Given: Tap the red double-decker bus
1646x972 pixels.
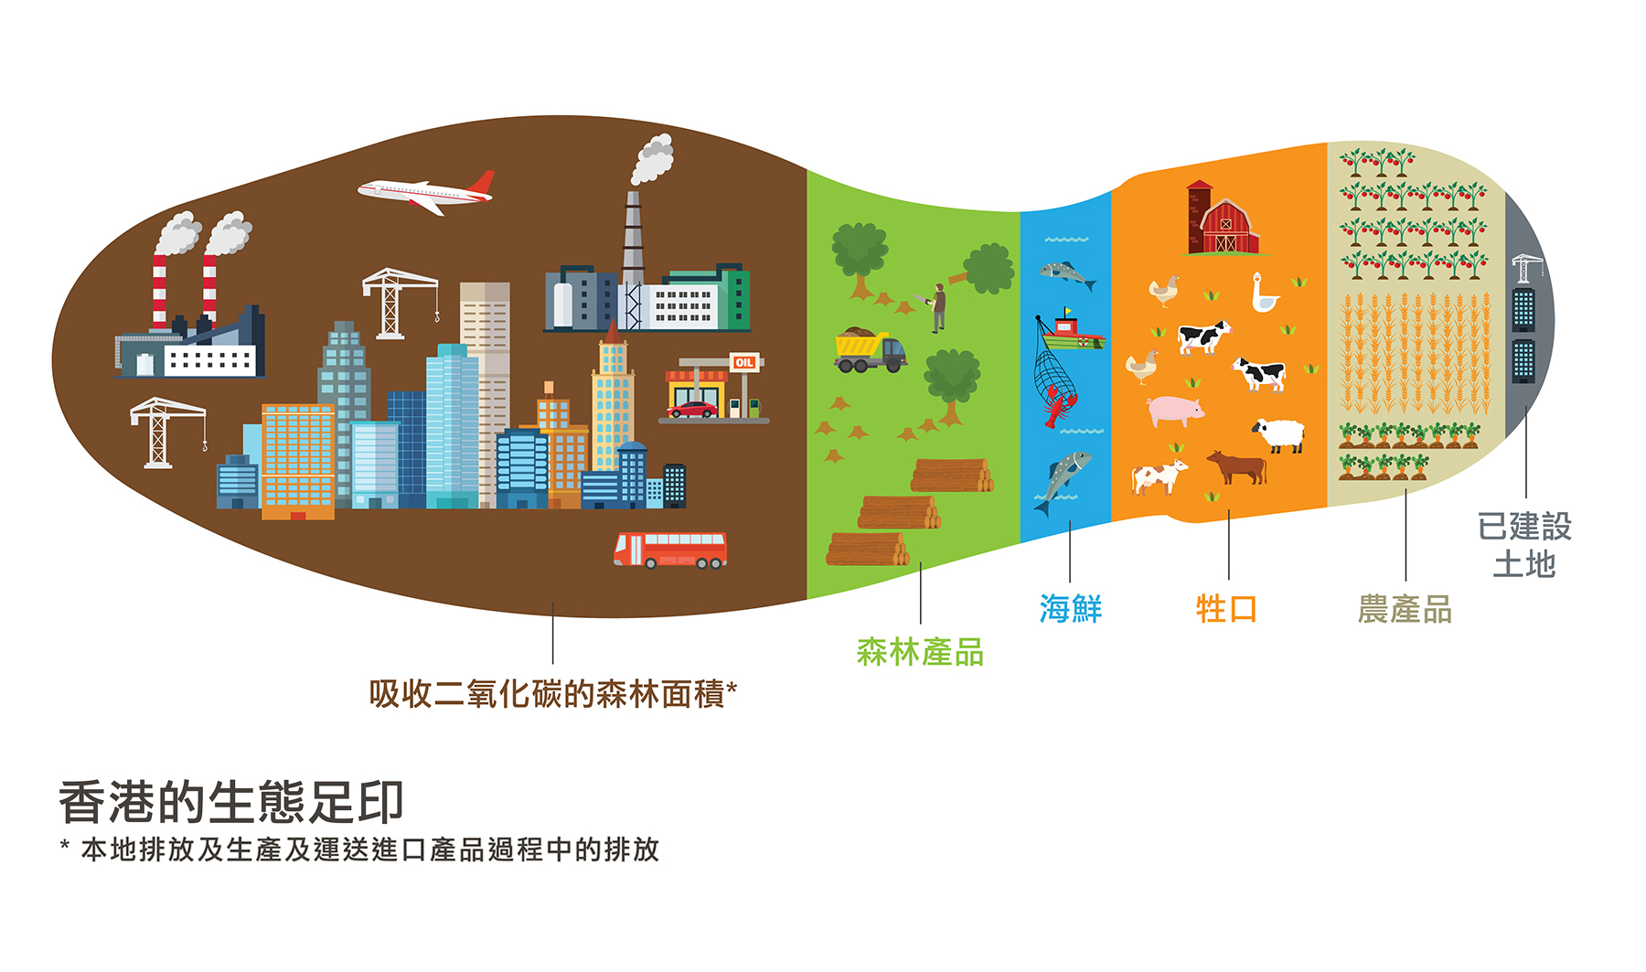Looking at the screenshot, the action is (670, 550).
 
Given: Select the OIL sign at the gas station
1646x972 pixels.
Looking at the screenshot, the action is (744, 363).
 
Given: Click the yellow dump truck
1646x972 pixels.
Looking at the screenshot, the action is (870, 351).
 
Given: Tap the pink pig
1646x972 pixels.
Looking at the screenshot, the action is (1175, 411).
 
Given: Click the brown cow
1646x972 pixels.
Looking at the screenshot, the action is (1237, 467).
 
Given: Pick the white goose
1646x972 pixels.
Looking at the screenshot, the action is (1265, 294).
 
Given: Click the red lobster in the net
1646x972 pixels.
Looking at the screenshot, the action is (1059, 406).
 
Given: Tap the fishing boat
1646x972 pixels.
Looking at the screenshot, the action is (1072, 333).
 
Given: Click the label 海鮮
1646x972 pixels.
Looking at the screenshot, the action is (1070, 608).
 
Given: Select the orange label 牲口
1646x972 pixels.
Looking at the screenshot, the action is (1226, 608).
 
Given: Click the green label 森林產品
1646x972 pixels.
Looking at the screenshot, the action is (920, 652).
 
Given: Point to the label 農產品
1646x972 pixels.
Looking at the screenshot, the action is (1405, 609).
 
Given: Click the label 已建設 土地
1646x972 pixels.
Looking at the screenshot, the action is (1524, 545).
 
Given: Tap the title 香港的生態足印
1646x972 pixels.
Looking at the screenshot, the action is (231, 802).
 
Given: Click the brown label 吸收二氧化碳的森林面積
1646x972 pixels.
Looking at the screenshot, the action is (547, 694).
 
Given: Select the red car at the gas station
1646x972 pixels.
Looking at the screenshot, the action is (692, 410).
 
